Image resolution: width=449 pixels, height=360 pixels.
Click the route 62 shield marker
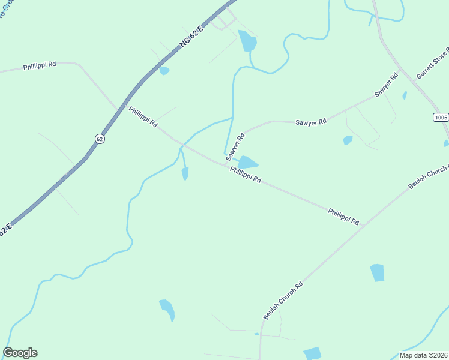tap(100, 139)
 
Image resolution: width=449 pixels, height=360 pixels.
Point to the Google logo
tap(20, 353)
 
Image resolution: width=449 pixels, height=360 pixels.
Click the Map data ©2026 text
tap(423, 355)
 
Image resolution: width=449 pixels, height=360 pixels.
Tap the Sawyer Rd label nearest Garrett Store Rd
tap(386, 85)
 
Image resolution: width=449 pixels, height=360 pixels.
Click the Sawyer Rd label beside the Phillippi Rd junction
tap(235, 146)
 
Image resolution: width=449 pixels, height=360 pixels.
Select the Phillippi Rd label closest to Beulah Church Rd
tap(343, 217)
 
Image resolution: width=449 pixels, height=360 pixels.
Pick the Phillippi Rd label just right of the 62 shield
tap(143, 116)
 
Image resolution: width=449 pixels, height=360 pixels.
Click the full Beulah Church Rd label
tap(282, 299)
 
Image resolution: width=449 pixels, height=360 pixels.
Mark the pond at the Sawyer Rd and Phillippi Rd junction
tap(247, 163)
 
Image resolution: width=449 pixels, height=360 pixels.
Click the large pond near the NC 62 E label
tap(247, 41)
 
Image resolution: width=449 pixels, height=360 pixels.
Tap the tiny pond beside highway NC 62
tap(164, 71)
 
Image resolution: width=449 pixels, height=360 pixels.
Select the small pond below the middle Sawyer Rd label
tap(348, 140)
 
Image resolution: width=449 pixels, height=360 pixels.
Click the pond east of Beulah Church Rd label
tap(377, 272)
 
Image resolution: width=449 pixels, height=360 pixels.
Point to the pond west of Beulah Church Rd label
tap(167, 309)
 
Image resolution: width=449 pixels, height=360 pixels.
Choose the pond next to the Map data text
tap(312, 353)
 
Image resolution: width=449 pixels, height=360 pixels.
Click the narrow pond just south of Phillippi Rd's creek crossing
tap(185, 173)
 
